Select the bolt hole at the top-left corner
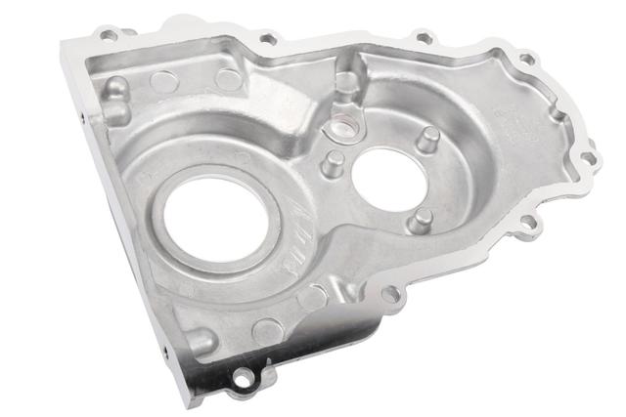[109, 35]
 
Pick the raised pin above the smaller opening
[426, 138]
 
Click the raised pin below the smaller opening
[420, 220]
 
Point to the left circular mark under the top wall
[163, 80]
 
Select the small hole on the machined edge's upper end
[80, 115]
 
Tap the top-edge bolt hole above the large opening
[267, 39]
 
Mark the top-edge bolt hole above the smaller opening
[424, 38]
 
